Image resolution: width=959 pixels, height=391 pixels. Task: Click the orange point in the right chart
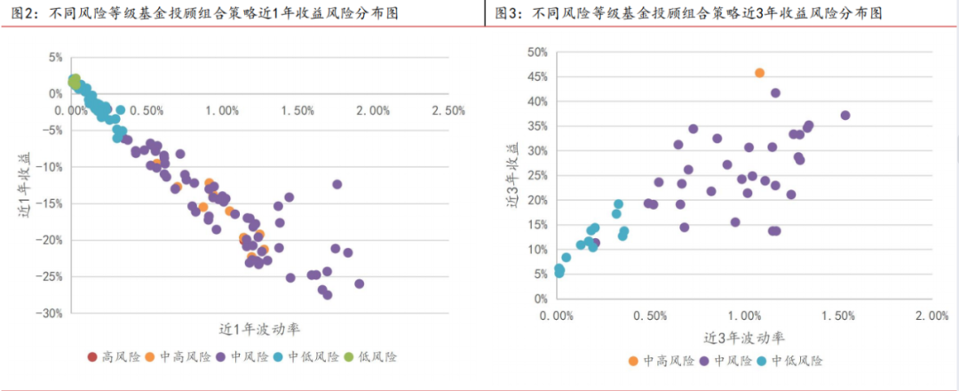(759, 73)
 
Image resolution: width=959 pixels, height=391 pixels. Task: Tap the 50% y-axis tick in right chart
(535, 52)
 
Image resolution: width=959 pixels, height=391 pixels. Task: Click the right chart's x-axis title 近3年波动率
(745, 338)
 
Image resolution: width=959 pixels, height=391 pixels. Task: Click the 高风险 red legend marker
(92, 357)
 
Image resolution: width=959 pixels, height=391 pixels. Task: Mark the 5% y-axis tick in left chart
(55, 58)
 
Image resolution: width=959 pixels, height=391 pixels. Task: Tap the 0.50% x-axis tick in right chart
(652, 316)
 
